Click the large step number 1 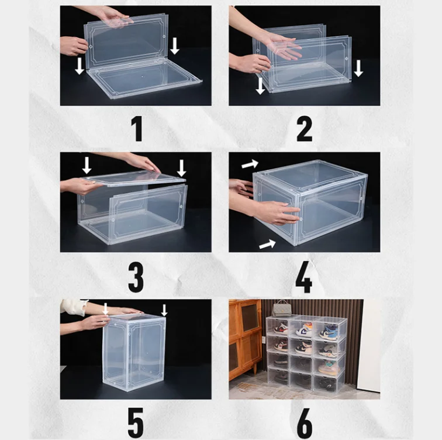coord(137,129)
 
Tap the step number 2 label coord(304,129)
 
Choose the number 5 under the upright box coord(136,422)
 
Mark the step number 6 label coord(305,422)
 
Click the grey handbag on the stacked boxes coord(280,308)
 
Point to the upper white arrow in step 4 coord(250,164)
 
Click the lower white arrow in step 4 coord(267,244)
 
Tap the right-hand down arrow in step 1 coord(175,46)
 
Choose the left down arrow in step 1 coord(80,66)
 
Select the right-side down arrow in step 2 coord(358,68)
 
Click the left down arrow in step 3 coord(87,165)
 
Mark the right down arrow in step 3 coord(181,169)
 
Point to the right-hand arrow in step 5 coord(164,310)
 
